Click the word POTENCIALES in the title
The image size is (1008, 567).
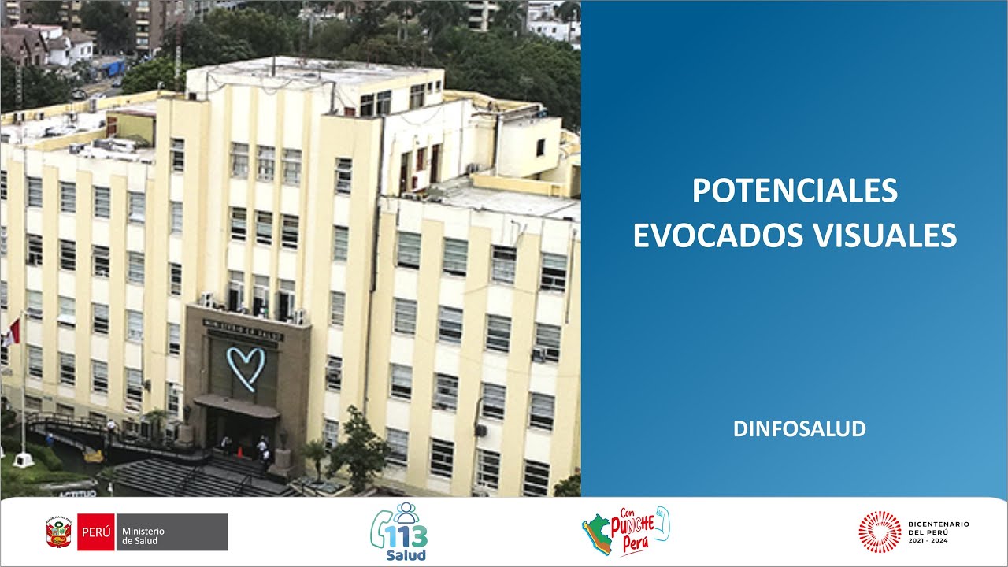coord(795,191)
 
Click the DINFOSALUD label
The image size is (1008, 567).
coord(799,429)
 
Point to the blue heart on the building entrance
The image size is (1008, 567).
coord(246,368)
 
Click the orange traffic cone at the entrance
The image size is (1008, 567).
coord(241,452)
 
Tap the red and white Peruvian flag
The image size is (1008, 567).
coord(11,332)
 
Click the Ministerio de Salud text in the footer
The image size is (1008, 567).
coord(140,535)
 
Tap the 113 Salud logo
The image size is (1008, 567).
coord(399,533)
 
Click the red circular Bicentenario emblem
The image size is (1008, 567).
coord(880,532)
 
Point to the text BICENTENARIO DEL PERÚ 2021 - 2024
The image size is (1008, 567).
coord(939,532)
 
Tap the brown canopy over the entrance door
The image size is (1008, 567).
coord(236,406)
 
